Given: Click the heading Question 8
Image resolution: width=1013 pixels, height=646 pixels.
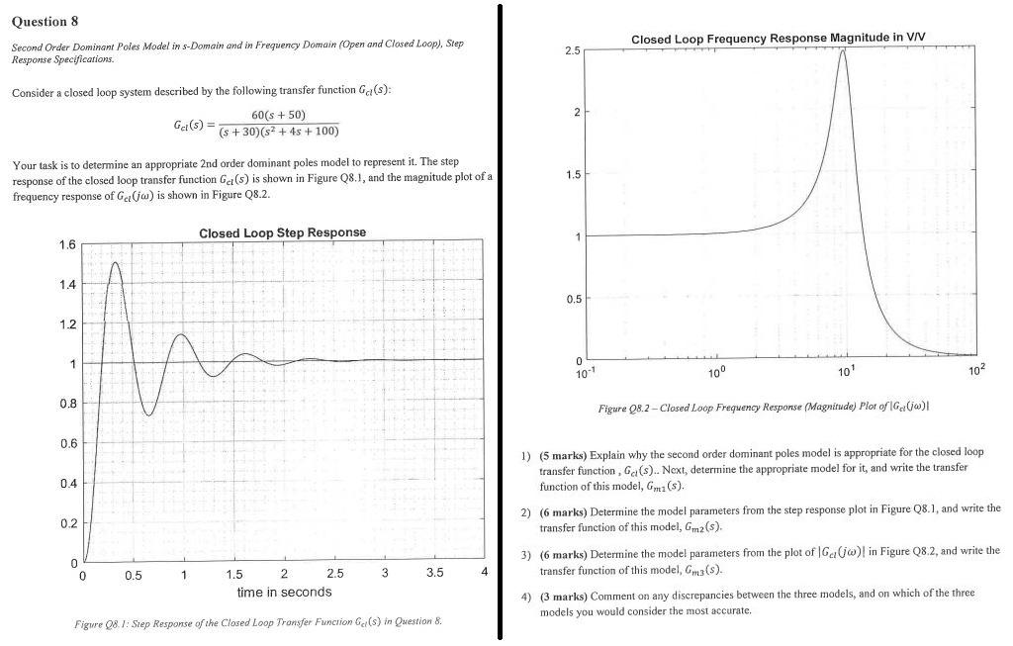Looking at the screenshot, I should pos(46,21).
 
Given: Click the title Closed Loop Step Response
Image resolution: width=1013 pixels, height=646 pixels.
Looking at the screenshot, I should pos(282,232).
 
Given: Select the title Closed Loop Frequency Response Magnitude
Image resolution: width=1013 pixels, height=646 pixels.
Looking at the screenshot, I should pos(778,38).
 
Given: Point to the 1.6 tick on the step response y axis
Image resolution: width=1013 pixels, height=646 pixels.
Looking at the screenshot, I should pos(68,244).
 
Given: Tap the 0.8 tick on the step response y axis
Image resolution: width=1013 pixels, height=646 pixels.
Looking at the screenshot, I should pos(68,404).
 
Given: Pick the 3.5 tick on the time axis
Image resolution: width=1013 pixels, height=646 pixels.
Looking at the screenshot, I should pos(433,574).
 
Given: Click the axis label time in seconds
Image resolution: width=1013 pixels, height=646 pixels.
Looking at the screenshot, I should pos(284,592).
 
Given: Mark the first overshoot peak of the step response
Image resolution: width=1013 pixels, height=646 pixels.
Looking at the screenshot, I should pos(116,262).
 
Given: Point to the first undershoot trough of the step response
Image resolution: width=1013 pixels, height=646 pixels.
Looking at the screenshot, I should pos(148,415).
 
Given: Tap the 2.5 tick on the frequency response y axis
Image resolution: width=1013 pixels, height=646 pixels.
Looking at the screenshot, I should pos(571,49).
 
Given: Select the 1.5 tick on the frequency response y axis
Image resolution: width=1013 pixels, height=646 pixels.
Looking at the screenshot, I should pos(571,174).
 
